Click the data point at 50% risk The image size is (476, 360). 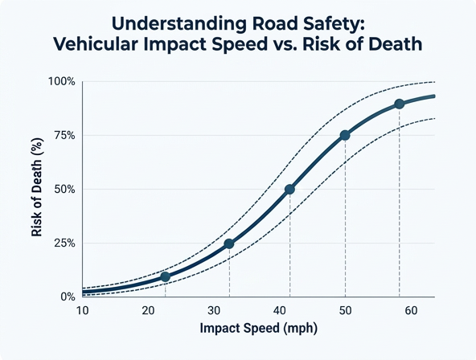coord(290,190)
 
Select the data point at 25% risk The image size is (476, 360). coord(229,243)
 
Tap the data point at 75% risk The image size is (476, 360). coord(345,135)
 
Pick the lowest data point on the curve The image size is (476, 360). coord(165,276)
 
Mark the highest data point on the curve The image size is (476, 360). coord(400,104)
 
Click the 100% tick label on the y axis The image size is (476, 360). coord(62,82)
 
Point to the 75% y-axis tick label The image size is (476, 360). coord(64,135)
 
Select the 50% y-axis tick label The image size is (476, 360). coord(64,190)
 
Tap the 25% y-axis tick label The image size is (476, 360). coord(64,243)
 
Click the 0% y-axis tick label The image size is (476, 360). coord(68,297)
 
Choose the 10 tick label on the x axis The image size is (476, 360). coord(82,310)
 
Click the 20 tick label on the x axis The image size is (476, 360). coord(148,310)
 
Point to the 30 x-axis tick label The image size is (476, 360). coord(214,310)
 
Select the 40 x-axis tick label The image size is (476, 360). coord(280,310)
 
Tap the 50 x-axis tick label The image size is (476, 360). coord(346,310)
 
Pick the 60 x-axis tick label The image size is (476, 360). coord(411,310)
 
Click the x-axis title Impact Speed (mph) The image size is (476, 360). coord(259,329)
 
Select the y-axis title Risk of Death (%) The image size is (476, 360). coord(37,187)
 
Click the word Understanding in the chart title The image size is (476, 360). coord(178,25)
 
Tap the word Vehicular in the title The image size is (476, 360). coord(96,44)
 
